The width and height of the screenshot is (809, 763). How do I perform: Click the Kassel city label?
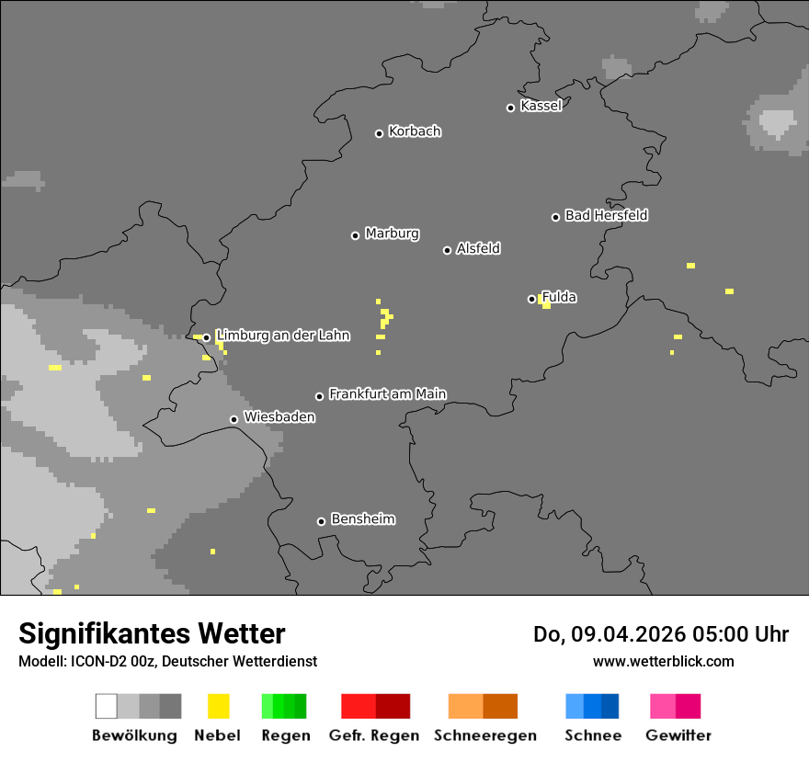(541, 106)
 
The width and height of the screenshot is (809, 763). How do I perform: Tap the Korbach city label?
(415, 131)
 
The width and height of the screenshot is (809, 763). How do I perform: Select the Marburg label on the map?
(392, 233)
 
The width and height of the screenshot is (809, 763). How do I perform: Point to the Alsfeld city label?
(478, 248)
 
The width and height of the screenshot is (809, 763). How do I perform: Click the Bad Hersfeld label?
(606, 215)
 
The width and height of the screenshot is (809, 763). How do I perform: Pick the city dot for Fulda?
(531, 299)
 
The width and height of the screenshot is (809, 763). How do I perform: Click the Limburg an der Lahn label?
(283, 336)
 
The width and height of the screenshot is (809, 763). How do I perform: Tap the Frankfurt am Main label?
(387, 394)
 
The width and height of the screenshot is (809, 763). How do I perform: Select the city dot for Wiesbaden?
(234, 419)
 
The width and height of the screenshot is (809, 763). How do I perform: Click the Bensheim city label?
(363, 519)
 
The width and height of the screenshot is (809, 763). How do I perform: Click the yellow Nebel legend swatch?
(218, 706)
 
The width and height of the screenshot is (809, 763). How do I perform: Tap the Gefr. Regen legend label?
(374, 735)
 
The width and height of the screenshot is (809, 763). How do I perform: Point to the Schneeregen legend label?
(485, 735)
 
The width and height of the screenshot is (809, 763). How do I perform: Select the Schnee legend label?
(593, 735)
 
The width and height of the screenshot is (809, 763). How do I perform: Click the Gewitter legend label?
(678, 735)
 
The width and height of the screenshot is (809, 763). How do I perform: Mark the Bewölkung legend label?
(134, 735)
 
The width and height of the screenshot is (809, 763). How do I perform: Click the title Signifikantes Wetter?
(152, 633)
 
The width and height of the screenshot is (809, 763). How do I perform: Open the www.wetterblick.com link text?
(663, 661)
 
